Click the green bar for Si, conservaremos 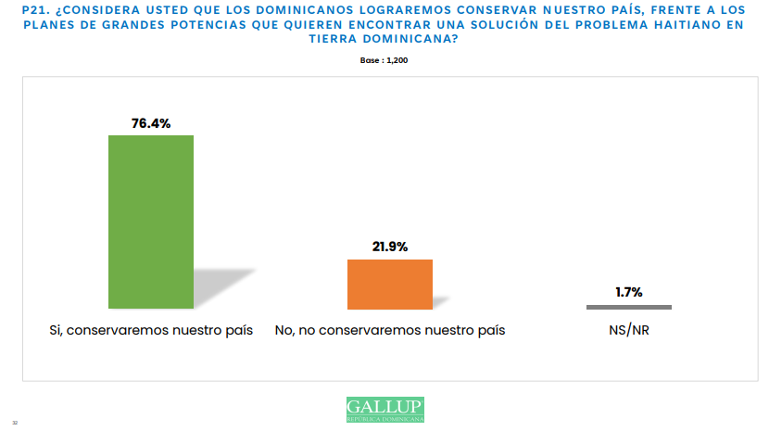[151, 222]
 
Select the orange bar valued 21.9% [389, 284]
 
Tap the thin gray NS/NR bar [629, 307]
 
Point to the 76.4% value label [151, 122]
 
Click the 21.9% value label [389, 247]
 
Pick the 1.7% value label [629, 293]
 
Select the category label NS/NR [629, 330]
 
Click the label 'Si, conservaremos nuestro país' [151, 330]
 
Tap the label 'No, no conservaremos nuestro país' [390, 330]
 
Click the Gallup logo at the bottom [384, 409]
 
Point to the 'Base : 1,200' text [384, 60]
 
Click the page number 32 [15, 423]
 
